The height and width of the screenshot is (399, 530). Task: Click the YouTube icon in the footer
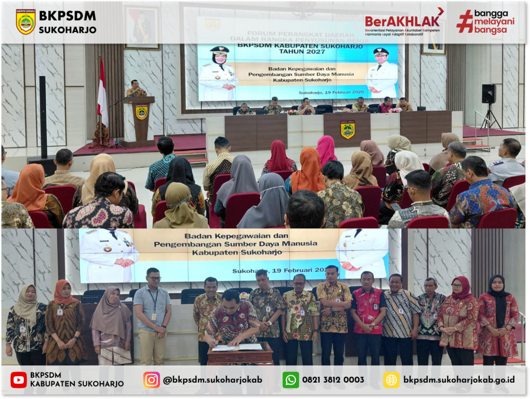tap(19, 379)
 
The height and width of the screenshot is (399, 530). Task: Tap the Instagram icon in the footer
tap(152, 379)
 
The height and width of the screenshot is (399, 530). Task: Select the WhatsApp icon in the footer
tap(290, 379)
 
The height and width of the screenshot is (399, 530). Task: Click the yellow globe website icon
tap(391, 379)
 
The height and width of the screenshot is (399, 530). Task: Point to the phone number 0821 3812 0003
tap(333, 380)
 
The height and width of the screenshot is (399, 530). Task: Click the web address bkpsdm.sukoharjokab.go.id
tap(459, 380)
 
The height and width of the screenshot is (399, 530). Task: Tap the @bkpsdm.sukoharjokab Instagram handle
tap(213, 380)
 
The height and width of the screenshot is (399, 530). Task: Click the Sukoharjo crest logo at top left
tap(25, 22)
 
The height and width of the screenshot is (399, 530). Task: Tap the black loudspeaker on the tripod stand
tap(489, 94)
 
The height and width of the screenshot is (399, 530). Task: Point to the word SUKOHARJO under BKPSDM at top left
tap(67, 30)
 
